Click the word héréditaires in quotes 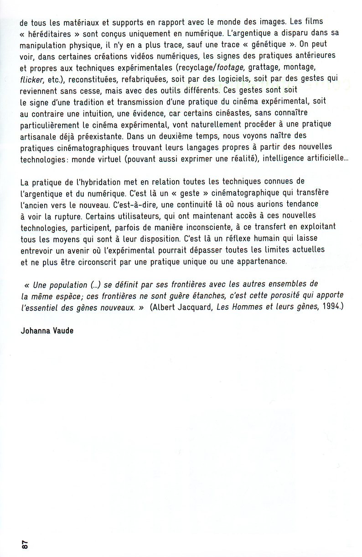pos(55,33)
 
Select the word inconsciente pos(213,227)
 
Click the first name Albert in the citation pos(166,307)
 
